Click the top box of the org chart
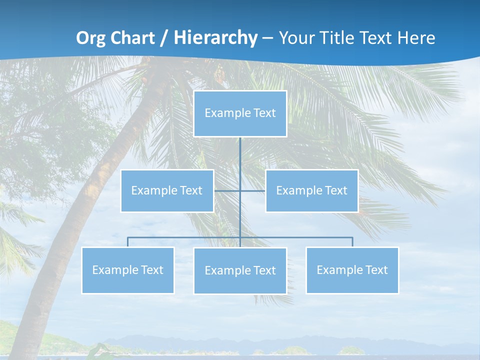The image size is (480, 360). tap(240, 113)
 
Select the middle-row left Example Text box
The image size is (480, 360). tap(167, 190)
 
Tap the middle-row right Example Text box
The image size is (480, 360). tap(311, 190)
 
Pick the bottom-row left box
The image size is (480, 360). tap(127, 270)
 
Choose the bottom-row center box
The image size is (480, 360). tap(240, 270)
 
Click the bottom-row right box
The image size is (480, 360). tap(352, 270)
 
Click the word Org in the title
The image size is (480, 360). tap(89, 38)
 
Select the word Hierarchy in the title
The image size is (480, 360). tap(215, 38)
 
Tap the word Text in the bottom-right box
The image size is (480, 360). tap(376, 270)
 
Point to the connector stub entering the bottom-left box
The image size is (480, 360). tap(127, 242)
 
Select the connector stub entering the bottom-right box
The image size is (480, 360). tap(352, 242)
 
